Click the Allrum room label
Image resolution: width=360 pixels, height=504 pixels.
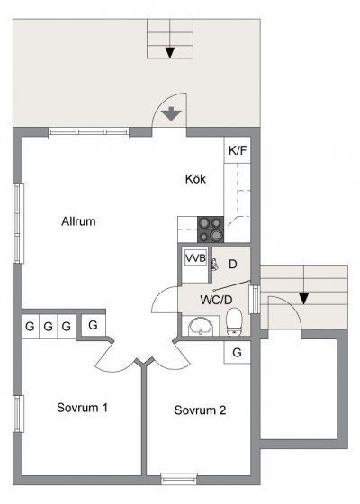pos(79,221)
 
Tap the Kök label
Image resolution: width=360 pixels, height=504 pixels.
pos(195,179)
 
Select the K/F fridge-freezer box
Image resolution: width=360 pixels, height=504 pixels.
pos(238,150)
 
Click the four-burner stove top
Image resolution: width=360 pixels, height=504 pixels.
pos(211,229)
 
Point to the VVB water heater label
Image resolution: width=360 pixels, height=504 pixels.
pos(195,257)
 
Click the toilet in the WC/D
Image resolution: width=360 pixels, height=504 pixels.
pos(234,322)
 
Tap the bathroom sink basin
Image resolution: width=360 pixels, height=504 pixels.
pos(201,327)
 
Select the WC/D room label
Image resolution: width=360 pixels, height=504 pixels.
pos(216,300)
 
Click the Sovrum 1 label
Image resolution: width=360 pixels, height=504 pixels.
pos(82,408)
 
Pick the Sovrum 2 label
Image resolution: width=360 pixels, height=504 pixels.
pos(200,410)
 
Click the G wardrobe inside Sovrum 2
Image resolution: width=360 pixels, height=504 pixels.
pos(237,352)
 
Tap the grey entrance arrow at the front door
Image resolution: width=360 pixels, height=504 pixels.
pos(171,113)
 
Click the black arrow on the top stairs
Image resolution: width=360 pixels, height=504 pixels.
pos(170,53)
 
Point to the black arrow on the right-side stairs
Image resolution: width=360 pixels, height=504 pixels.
pos(304,299)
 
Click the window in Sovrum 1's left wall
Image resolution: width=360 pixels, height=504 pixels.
pos(18,414)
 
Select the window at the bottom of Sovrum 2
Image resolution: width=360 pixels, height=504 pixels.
pos(179,479)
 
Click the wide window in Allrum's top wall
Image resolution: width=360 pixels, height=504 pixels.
pos(89,133)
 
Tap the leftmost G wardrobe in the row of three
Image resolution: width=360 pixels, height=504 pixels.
pos(31,326)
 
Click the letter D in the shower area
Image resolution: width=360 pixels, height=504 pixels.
pos(232,265)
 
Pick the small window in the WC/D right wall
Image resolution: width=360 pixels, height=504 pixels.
pos(255,299)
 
